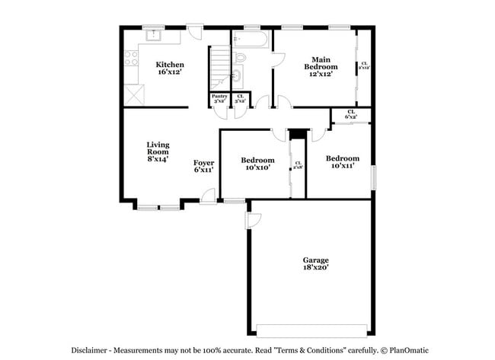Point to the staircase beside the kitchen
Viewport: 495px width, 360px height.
click(x=221, y=65)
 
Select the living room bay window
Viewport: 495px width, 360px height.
click(x=158, y=205)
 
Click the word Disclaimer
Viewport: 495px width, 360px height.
click(x=90, y=350)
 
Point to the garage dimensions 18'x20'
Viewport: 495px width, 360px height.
click(x=315, y=269)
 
